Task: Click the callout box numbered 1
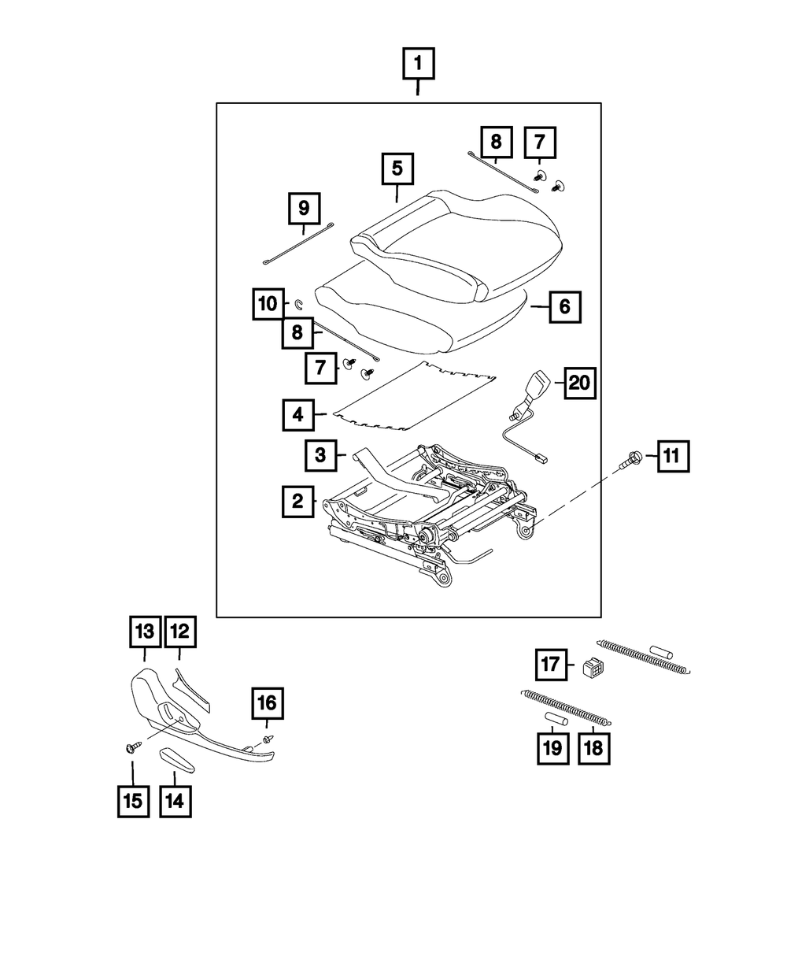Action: [418, 64]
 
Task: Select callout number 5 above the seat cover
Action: [397, 169]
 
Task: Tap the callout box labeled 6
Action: [564, 306]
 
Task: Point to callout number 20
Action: [578, 384]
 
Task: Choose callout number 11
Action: [670, 455]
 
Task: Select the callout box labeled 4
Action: [297, 414]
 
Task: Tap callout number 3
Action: [320, 454]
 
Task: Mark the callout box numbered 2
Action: [297, 501]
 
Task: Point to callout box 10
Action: [268, 303]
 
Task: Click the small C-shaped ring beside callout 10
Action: [300, 303]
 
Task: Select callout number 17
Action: [552, 665]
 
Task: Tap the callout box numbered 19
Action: [553, 748]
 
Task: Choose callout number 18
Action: [593, 748]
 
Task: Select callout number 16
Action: [267, 701]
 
